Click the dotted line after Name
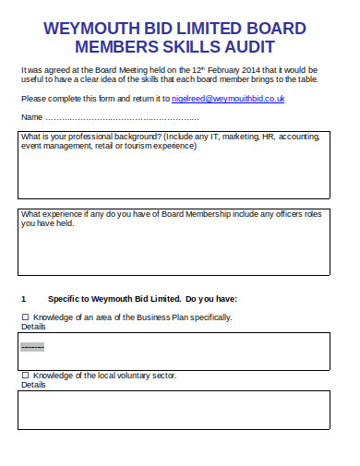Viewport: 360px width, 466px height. pyautogui.click(x=122, y=118)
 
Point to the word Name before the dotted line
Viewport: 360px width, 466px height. pyautogui.click(x=31, y=118)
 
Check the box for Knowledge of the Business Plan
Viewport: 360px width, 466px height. pyautogui.click(x=25, y=317)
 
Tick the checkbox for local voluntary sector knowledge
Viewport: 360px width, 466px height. pyautogui.click(x=25, y=376)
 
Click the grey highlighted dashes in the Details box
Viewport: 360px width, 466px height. pyautogui.click(x=32, y=347)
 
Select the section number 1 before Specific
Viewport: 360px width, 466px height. pyautogui.click(x=23, y=299)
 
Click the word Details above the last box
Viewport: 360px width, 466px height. pyautogui.click(x=32, y=385)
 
